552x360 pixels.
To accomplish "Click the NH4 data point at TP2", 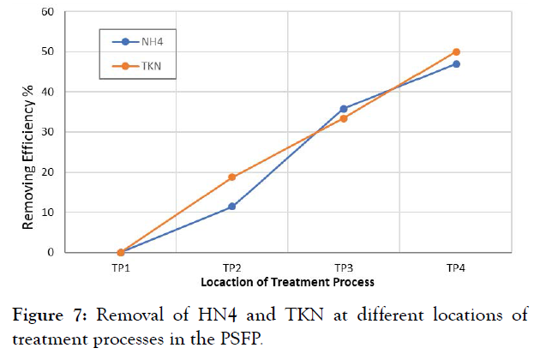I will coord(232,207).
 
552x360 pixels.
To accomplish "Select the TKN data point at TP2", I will coord(232,177).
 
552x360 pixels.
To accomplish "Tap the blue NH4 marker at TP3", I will coord(344,109).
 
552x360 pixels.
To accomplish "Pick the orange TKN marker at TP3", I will coord(344,118).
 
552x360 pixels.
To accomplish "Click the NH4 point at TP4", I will coord(456,64).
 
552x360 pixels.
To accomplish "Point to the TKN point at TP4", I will coord(456,52).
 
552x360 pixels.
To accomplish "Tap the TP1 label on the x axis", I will coord(120,267).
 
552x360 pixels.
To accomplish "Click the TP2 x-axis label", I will coord(232,267).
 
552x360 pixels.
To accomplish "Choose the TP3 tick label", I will coord(344,267).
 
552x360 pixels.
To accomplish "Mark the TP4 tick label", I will coord(456,267).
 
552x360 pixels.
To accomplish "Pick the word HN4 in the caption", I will coord(195,315).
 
